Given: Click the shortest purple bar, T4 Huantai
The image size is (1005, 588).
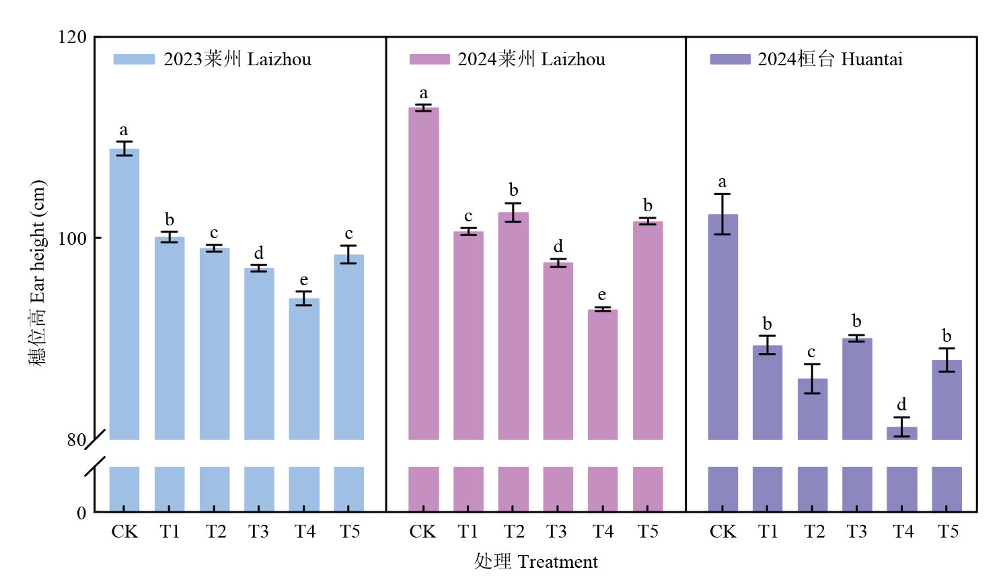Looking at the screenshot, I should [901, 433].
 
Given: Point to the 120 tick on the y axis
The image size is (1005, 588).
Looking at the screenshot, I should [73, 37].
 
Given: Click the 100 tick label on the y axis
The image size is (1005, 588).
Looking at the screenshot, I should [73, 238].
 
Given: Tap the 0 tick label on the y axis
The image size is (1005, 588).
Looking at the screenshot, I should [81, 513].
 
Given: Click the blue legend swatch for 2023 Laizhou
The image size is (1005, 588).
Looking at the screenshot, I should [134, 59].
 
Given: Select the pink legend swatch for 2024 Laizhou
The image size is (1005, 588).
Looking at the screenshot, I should [429, 59].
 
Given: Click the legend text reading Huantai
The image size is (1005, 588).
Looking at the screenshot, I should [872, 59].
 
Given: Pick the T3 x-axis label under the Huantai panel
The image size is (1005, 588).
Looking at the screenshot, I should [856, 531].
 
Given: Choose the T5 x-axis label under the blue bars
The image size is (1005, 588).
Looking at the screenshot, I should [350, 531].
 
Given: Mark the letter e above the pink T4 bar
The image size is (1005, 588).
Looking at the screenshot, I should [601, 295].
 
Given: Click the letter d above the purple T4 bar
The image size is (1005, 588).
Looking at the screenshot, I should [901, 404].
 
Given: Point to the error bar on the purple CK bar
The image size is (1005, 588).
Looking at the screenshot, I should [722, 214].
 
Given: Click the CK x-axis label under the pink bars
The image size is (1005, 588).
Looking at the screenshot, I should [423, 531].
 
